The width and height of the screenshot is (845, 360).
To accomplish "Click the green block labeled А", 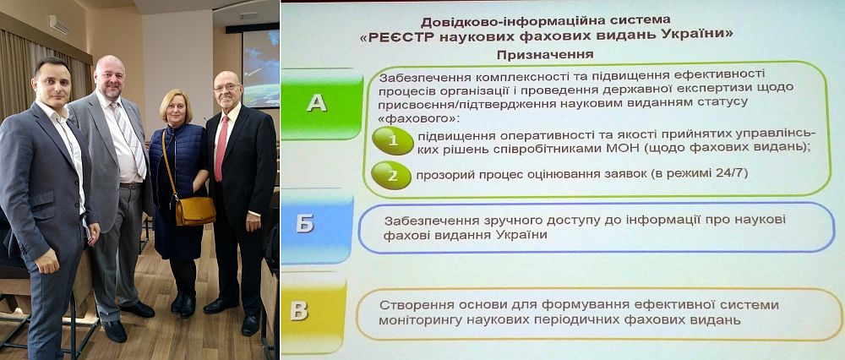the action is pos(322,103).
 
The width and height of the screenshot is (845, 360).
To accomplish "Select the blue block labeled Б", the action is pos(317,226).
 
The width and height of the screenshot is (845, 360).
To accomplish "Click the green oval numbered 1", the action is pos(393,140).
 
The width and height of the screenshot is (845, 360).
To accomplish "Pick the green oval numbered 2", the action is pos(392,175).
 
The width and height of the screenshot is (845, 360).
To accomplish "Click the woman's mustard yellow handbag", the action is pos(195,210).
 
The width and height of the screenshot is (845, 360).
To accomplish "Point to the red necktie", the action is pos(221,148).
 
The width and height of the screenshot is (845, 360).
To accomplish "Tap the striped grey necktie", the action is pos(130,139).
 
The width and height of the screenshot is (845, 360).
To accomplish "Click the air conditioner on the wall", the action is pos(59,25).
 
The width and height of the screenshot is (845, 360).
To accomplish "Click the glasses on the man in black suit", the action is pos(226,87).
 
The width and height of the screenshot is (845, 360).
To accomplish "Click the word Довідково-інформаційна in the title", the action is pos(514,23).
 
